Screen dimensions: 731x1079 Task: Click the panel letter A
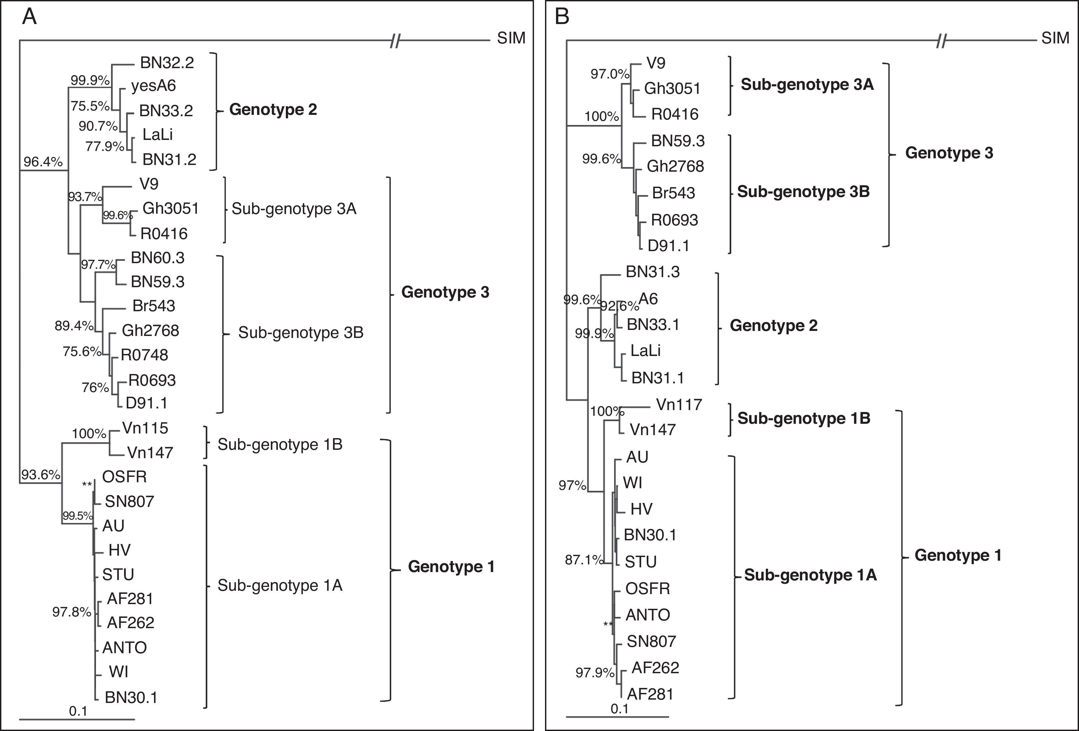point(29,17)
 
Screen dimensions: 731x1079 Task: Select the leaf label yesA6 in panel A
point(153,86)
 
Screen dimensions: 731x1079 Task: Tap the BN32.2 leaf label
point(167,63)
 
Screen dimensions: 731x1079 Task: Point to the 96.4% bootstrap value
point(43,162)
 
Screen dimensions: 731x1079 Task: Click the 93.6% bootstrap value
point(40,475)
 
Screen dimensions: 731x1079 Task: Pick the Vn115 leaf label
point(145,428)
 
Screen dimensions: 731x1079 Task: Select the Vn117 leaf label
point(679,405)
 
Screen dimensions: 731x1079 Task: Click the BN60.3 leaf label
point(157,257)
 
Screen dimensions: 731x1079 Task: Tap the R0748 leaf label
point(144,355)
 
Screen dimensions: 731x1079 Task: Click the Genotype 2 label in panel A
point(273,110)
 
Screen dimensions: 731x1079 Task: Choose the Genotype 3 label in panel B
point(949,153)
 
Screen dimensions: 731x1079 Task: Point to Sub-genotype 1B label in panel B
point(804,418)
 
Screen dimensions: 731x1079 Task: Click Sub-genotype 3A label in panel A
point(294,209)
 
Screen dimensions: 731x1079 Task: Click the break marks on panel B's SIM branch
point(941,41)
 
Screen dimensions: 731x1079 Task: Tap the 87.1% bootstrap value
point(584,560)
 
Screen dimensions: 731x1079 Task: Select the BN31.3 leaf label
point(652,272)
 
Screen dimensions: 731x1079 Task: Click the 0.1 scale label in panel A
point(78,711)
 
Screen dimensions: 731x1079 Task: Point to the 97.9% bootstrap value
point(595,673)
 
